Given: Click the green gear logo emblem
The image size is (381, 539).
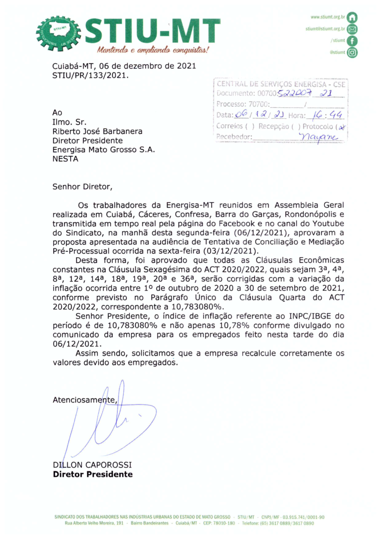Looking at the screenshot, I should (59, 34).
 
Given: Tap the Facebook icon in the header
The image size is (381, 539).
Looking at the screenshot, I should (352, 41).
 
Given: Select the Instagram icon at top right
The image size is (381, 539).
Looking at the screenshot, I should (352, 52).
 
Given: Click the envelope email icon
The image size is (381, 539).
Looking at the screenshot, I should (352, 29).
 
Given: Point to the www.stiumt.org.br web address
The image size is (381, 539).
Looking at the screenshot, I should (328, 17).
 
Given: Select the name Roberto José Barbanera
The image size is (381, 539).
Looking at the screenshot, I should (97, 131).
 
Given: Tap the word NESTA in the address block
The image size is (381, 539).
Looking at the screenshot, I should (65, 159).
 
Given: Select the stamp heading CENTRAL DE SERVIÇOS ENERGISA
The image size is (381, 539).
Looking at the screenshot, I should (281, 84).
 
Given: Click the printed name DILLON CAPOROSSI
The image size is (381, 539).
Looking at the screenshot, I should (92, 465).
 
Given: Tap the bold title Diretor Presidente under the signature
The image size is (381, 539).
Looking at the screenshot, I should (93, 474).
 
